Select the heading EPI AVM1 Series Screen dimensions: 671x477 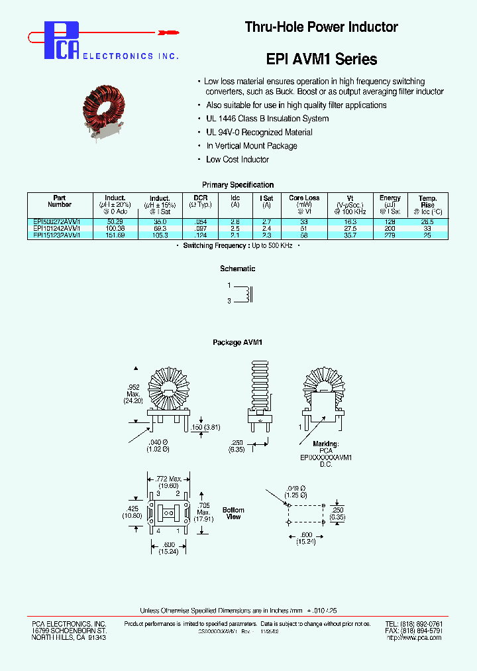coord(321,59)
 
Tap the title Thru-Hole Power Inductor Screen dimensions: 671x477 coord(321,27)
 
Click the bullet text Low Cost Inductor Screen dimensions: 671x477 coord(237,159)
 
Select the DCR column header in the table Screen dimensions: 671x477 coord(200,198)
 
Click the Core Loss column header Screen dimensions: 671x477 coord(304,198)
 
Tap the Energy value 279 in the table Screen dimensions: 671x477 coord(390,235)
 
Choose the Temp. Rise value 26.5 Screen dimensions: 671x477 coord(427,221)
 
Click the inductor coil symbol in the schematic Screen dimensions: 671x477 coord(248,294)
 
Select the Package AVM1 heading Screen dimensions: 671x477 coord(238,342)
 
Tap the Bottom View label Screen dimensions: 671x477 coord(233,513)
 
